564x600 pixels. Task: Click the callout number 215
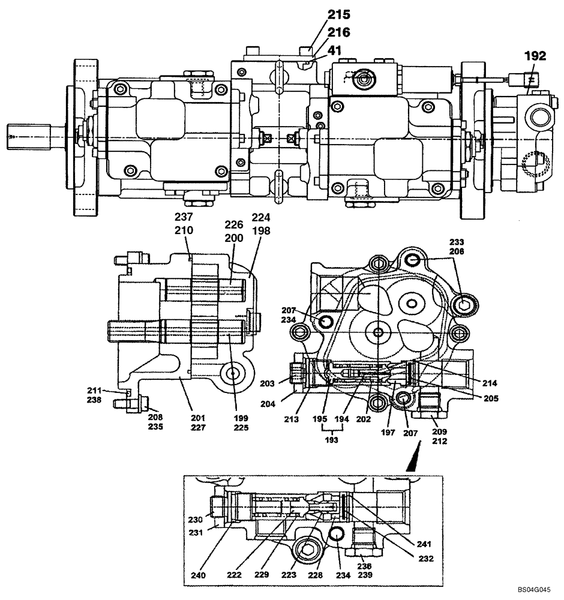[x=338, y=14]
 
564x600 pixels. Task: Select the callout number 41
[x=334, y=51]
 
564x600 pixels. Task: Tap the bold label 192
[x=535, y=56]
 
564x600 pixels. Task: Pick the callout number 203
[x=283, y=383]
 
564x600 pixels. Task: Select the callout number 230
[x=196, y=520]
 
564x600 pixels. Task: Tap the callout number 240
[x=198, y=575]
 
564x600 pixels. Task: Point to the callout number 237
[x=184, y=217]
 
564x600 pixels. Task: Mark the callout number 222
[x=235, y=575]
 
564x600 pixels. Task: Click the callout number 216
[x=338, y=32]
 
